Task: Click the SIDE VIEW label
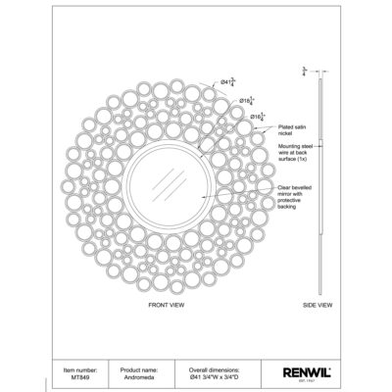coord(319,306)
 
